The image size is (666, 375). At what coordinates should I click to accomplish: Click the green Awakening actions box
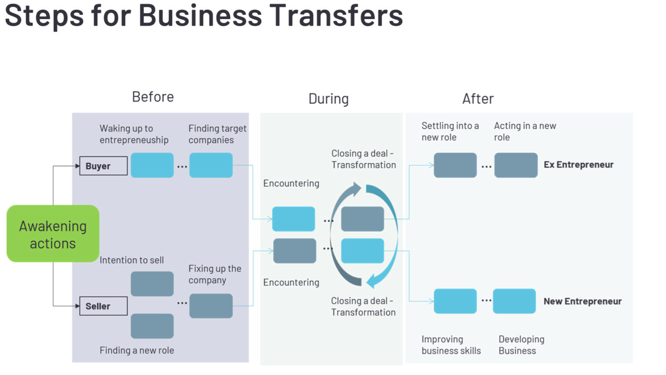(x=53, y=234)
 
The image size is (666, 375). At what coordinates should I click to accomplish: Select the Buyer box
(x=104, y=166)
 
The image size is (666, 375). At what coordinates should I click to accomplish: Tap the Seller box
(x=104, y=306)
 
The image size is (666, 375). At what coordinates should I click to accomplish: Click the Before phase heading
(x=153, y=97)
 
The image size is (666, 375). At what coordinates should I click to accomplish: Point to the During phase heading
(x=328, y=99)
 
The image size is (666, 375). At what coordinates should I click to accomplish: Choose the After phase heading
(x=478, y=99)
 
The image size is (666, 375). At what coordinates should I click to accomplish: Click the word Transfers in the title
(x=336, y=16)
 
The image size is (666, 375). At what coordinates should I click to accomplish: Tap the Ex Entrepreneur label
(x=578, y=165)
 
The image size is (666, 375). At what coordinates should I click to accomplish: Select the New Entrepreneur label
(x=582, y=301)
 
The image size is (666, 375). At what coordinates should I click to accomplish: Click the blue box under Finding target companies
(x=211, y=165)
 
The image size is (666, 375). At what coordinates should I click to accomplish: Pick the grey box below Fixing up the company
(x=211, y=306)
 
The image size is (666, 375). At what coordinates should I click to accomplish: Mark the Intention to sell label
(x=131, y=260)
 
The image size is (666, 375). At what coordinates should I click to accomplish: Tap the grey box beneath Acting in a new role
(x=516, y=165)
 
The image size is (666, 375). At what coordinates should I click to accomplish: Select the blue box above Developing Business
(x=514, y=301)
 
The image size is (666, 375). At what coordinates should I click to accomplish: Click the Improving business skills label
(x=451, y=345)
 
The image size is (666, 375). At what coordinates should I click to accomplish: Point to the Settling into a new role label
(x=450, y=132)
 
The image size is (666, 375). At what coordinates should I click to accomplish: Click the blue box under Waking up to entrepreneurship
(x=152, y=165)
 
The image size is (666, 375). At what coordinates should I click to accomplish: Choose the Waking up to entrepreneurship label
(x=134, y=134)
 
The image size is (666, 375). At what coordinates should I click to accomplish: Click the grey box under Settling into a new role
(x=455, y=165)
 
